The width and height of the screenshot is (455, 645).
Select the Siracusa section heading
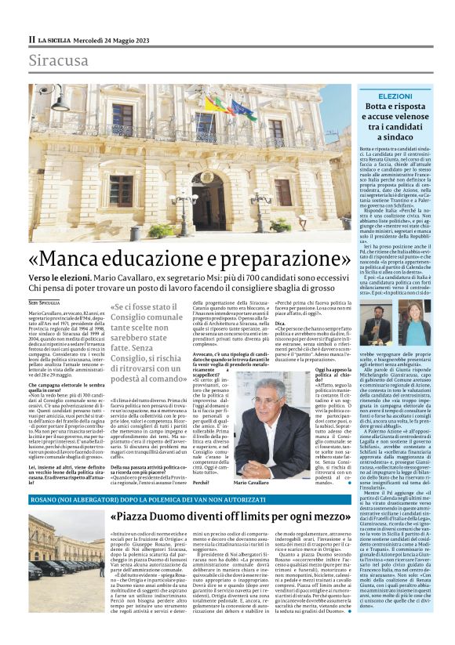coord(58,60)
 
